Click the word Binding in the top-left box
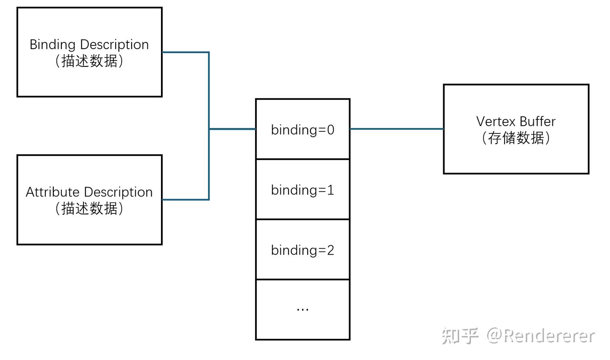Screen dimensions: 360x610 click(x=53, y=45)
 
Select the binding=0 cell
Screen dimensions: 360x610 click(x=302, y=130)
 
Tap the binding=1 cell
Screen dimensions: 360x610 click(x=302, y=190)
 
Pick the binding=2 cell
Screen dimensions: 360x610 click(x=302, y=250)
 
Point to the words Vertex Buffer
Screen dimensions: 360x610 click(x=516, y=122)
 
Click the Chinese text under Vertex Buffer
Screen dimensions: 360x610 click(x=516, y=138)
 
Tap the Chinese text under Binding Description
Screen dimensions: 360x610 click(x=89, y=61)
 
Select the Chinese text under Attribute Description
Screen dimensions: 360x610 click(x=89, y=208)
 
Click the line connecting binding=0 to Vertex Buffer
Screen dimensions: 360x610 click(x=396, y=129)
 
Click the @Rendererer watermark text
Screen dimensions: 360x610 click(x=541, y=336)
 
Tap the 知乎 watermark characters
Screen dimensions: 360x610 click(x=460, y=336)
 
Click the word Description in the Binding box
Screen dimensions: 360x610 click(x=114, y=45)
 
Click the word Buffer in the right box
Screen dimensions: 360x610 click(x=537, y=122)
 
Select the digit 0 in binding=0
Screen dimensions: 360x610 click(x=330, y=130)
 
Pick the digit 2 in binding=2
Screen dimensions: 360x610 click(x=330, y=250)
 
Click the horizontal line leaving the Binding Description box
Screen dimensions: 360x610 click(x=186, y=52)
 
